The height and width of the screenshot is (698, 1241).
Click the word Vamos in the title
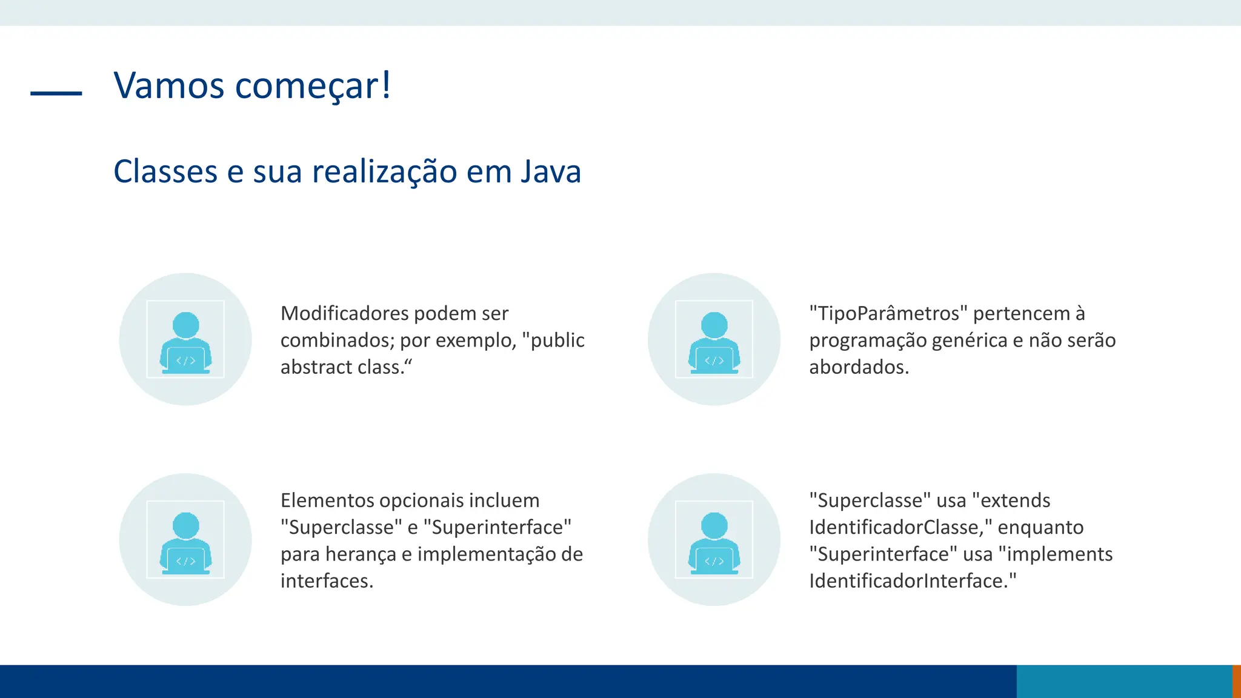(169, 85)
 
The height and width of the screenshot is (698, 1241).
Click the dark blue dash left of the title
(56, 93)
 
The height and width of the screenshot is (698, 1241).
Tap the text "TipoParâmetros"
(888, 313)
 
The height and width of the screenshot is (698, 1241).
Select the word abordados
(859, 367)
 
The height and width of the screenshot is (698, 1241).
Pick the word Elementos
(327, 500)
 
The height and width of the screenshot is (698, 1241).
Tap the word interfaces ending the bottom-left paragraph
(326, 580)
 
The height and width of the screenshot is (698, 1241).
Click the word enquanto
(1040, 527)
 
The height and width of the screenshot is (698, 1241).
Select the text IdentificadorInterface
(908, 580)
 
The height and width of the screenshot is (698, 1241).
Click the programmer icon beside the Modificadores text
(185, 339)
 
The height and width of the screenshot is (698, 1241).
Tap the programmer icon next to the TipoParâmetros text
(714, 339)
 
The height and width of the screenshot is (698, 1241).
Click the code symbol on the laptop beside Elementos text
(185, 561)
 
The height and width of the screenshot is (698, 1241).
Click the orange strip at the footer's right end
(1236, 681)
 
